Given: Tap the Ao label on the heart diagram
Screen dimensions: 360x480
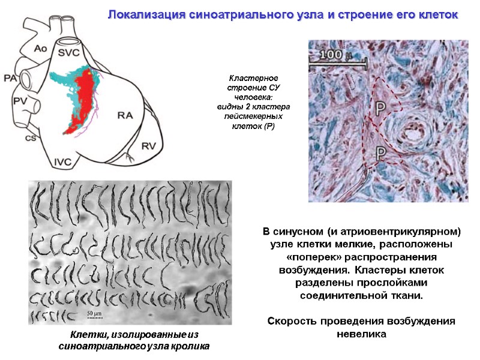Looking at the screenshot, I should coord(40,47).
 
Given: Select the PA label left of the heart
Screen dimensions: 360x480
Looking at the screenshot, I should coord(10,78).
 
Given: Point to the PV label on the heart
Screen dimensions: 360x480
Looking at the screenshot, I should coord(19,101).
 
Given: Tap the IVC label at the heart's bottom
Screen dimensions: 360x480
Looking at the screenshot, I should coord(64,161).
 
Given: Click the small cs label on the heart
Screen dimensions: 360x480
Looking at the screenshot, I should coord(28,137).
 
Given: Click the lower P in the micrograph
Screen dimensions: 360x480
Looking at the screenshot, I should coord(380,154).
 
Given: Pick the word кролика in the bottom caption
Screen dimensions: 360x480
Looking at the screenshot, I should coord(191,346).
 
